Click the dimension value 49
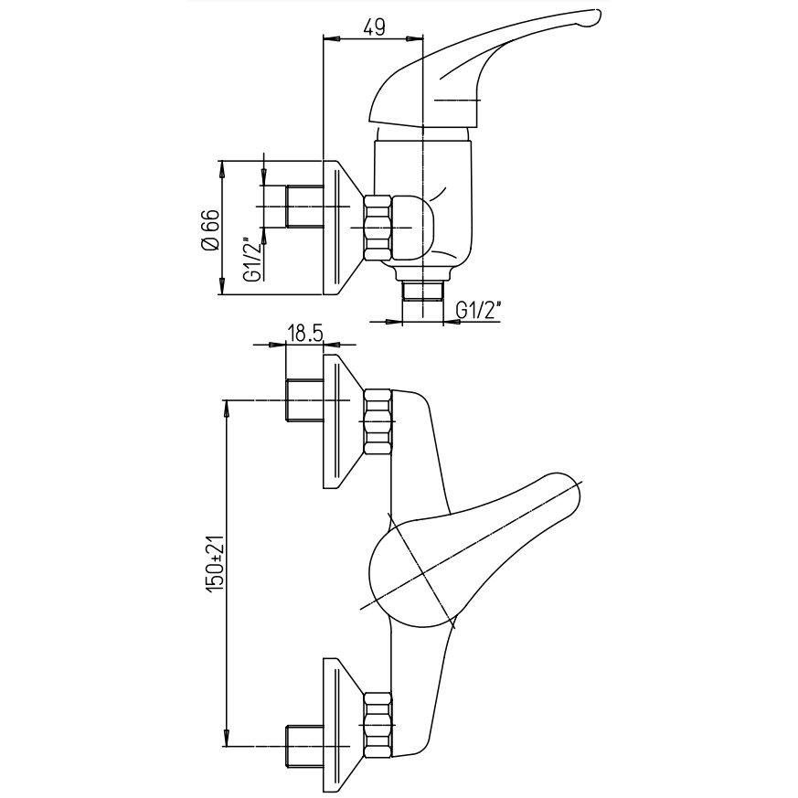[x=374, y=27]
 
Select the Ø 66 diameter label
[x=211, y=229]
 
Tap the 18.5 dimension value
[x=305, y=334]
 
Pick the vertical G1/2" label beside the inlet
[x=253, y=259]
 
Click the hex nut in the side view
[x=378, y=229]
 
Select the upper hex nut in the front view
[x=378, y=421]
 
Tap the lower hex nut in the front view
[x=378, y=725]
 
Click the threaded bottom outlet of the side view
[x=423, y=292]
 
